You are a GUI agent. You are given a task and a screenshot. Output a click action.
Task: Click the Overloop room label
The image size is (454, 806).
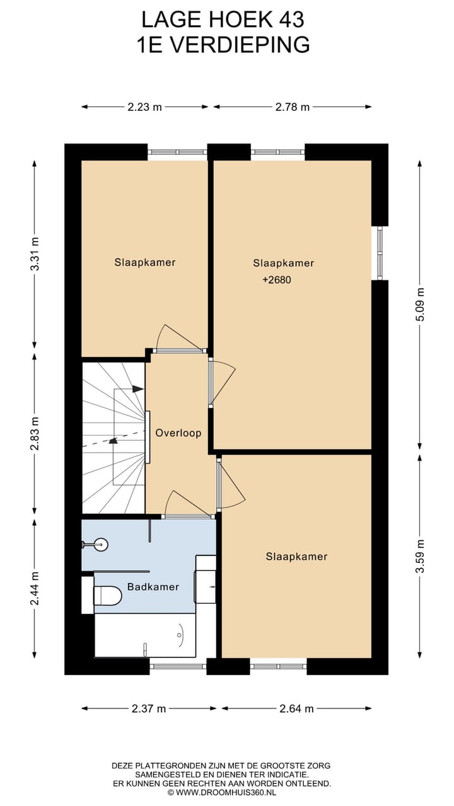point(178,433)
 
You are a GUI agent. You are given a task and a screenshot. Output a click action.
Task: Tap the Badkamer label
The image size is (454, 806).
point(153,587)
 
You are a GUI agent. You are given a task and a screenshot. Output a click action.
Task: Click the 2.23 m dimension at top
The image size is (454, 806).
point(144,107)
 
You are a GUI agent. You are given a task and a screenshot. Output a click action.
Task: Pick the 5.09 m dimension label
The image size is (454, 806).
point(421,305)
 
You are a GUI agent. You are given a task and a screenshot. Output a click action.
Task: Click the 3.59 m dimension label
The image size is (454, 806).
point(421,556)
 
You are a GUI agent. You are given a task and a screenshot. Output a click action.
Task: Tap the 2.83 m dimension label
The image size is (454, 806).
point(35,433)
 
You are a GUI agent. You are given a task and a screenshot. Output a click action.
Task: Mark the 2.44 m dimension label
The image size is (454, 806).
point(35,588)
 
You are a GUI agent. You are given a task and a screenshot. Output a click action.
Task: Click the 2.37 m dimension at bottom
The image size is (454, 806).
point(149,708)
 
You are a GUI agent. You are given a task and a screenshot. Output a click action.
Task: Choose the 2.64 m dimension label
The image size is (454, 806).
point(296,708)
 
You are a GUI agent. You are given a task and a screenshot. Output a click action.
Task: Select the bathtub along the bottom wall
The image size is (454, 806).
point(145,635)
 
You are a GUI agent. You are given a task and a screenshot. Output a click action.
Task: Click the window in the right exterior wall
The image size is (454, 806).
point(380,253)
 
